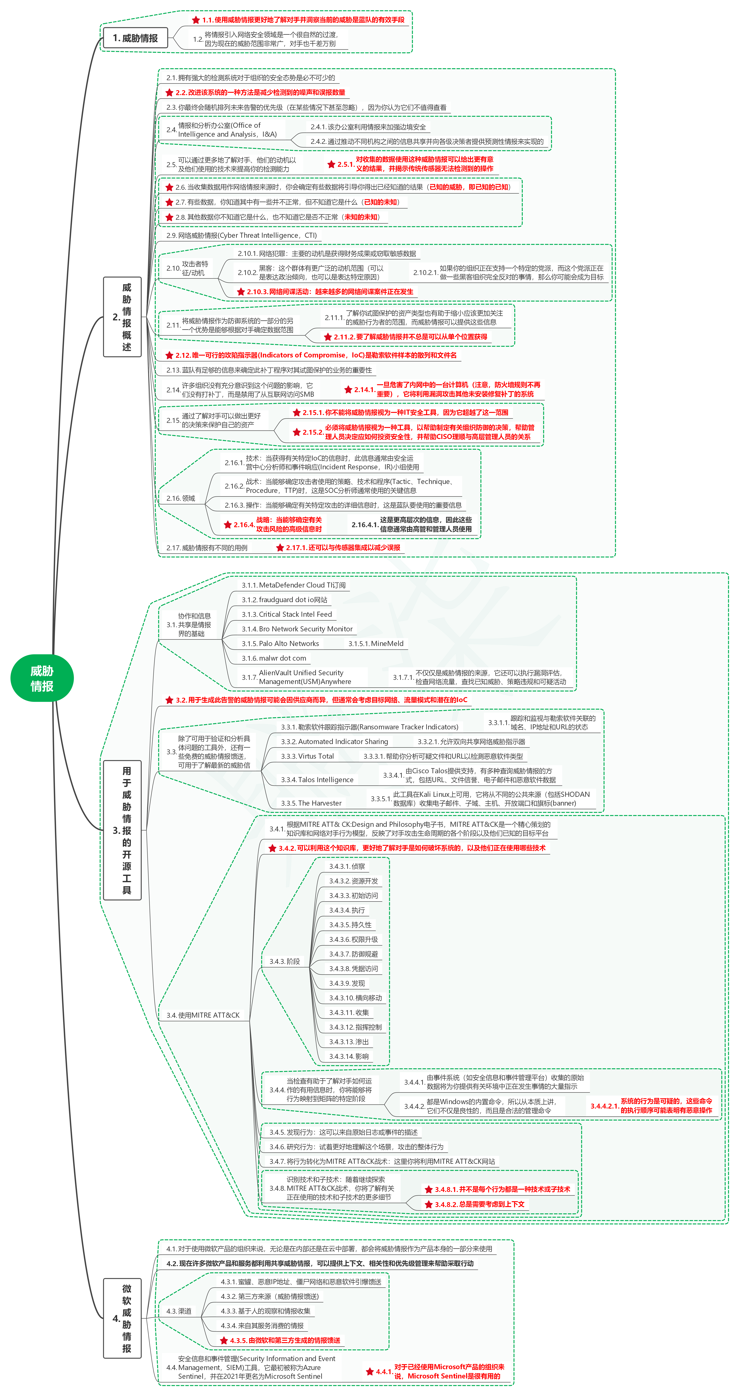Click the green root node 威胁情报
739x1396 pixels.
(x=42, y=678)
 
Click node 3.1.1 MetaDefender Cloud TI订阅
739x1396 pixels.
(x=293, y=585)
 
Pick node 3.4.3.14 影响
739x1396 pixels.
(x=349, y=1056)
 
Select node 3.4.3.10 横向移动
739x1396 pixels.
(x=355, y=998)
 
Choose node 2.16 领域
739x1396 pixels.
(x=181, y=498)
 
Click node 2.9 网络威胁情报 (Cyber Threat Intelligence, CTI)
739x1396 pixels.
(x=241, y=235)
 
